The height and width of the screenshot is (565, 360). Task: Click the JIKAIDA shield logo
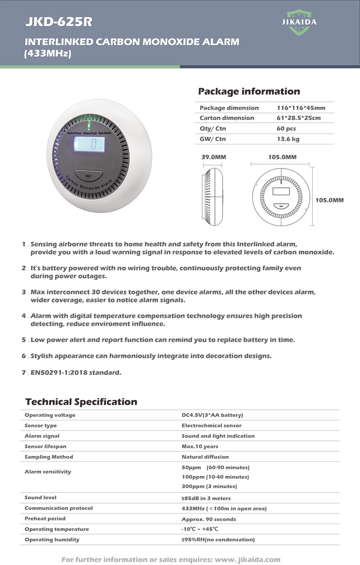[x=299, y=22]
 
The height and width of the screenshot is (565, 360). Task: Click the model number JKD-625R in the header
[x=59, y=22]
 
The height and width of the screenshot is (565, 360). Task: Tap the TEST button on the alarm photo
[x=89, y=176]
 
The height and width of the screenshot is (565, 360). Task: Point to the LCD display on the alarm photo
[x=90, y=144]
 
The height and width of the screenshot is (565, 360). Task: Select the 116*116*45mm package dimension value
[x=301, y=108]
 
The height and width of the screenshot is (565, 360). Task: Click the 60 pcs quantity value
[x=286, y=128]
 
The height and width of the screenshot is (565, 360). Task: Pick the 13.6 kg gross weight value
[x=288, y=139]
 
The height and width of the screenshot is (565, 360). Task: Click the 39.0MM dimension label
[x=213, y=157]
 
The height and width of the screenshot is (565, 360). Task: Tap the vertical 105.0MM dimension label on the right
[x=329, y=200]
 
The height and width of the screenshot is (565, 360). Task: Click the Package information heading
[x=249, y=91]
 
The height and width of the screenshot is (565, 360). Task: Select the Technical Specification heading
[x=81, y=402]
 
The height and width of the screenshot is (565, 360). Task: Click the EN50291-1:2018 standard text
[x=76, y=372]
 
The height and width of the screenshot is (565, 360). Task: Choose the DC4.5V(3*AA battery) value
[x=212, y=415]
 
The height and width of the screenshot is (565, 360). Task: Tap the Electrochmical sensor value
[x=211, y=425]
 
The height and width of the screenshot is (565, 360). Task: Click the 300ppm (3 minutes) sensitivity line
[x=209, y=486]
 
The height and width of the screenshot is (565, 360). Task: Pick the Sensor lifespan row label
[x=45, y=446]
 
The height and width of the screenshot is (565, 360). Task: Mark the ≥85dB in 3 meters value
[x=206, y=498]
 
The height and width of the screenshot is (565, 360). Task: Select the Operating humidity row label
[x=52, y=539]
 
